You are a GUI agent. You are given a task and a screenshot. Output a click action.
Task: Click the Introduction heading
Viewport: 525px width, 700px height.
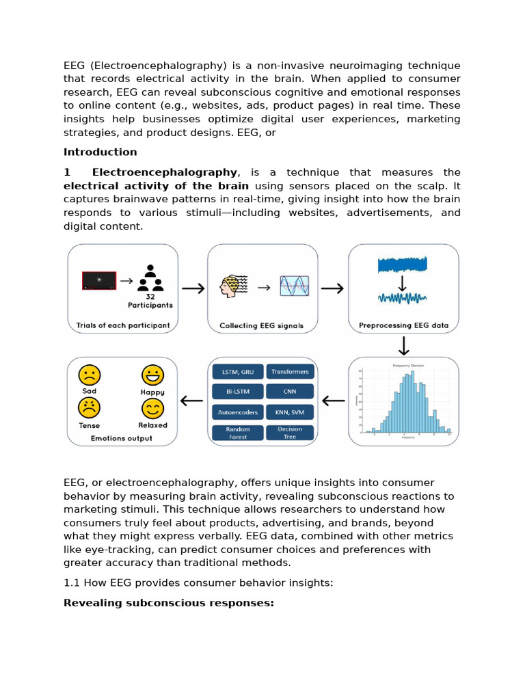pos(100,152)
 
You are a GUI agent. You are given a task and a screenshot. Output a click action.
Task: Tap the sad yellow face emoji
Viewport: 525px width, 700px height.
pos(90,375)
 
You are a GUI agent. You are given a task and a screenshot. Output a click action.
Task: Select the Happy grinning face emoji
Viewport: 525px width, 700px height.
pos(152,375)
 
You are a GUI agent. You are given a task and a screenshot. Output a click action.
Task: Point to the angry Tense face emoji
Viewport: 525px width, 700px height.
pos(90,408)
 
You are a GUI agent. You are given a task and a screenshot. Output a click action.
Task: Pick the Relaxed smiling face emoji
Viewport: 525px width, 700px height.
pos(152,408)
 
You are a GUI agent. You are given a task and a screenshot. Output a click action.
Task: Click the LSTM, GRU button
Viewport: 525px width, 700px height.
pos(237,372)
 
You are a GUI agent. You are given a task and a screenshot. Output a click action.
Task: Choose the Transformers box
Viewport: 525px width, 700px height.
pos(290,372)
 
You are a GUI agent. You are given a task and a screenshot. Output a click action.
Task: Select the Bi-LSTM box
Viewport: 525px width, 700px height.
pos(237,392)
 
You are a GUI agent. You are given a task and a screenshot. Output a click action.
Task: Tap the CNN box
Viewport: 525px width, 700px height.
pos(290,392)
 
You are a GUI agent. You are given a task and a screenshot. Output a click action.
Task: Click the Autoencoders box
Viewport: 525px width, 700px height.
pos(237,412)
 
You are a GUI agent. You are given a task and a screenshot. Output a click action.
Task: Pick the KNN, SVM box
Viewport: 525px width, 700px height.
pos(290,412)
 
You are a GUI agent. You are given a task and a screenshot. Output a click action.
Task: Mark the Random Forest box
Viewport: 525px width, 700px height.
pos(237,433)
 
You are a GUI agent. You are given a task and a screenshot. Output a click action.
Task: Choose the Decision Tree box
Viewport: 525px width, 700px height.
pos(290,433)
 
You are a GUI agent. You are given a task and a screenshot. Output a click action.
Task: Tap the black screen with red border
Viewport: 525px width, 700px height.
pos(99,280)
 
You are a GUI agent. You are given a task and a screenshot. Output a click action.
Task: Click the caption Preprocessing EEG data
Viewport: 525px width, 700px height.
pos(403,325)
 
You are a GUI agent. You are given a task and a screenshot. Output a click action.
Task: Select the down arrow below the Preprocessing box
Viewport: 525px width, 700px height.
pos(403,346)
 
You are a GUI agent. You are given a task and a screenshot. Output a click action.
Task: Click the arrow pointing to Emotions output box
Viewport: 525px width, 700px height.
pos(192,401)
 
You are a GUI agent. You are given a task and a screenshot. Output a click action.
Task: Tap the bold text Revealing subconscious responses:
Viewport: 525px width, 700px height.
pos(168,603)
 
